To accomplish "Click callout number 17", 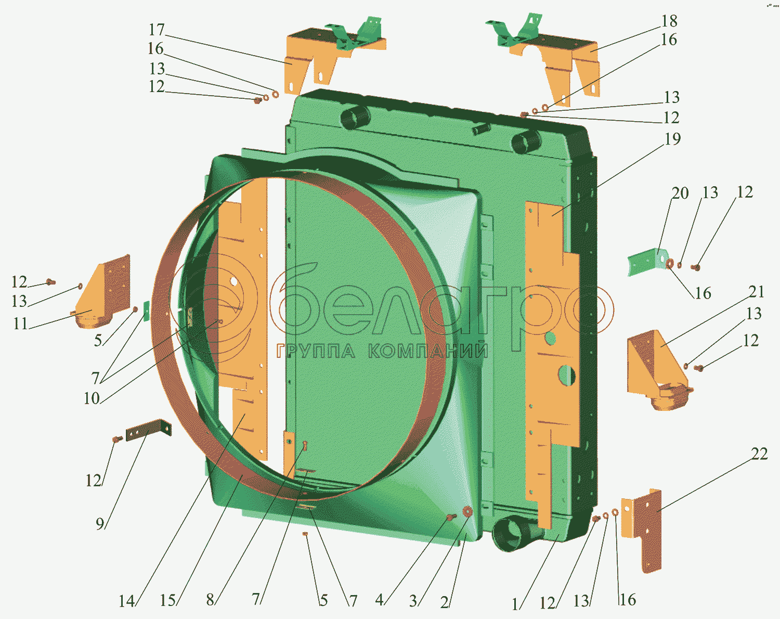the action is (156, 30).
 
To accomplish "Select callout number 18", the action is (669, 21).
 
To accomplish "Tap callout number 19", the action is (672, 139).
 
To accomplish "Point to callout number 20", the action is (680, 193).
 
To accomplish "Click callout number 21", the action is (757, 292).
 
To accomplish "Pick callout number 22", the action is (759, 454).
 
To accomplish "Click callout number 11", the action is (20, 324).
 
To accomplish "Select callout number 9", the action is (100, 523).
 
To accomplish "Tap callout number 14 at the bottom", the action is (126, 601).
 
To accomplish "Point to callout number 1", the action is (515, 604).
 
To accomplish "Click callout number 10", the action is (92, 398).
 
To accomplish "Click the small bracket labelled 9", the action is (148, 430).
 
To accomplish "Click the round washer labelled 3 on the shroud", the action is (466, 512).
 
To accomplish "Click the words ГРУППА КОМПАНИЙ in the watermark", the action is (382, 352).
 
